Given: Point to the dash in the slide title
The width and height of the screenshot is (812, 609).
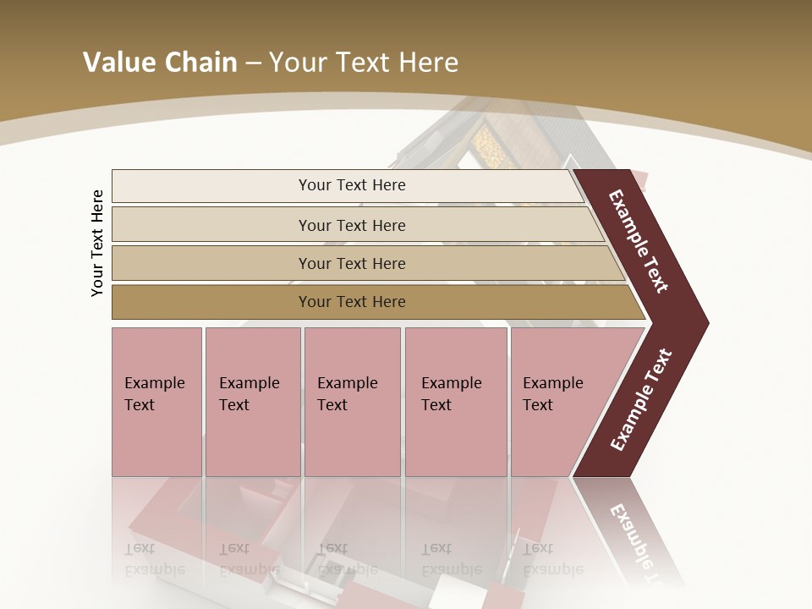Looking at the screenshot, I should (253, 63).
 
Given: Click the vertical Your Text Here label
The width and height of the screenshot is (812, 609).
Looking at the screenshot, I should (97, 243).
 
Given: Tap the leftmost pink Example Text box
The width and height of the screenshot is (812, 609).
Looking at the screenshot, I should (156, 401).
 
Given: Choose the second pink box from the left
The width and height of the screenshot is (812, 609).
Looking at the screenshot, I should (252, 401).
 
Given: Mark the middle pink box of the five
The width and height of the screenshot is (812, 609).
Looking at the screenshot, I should (352, 401).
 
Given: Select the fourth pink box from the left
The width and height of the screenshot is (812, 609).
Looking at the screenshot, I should (456, 401).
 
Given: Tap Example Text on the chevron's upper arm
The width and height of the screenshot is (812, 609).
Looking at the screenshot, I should (639, 241).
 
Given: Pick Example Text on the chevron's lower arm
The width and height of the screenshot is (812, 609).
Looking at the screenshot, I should (641, 399).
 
